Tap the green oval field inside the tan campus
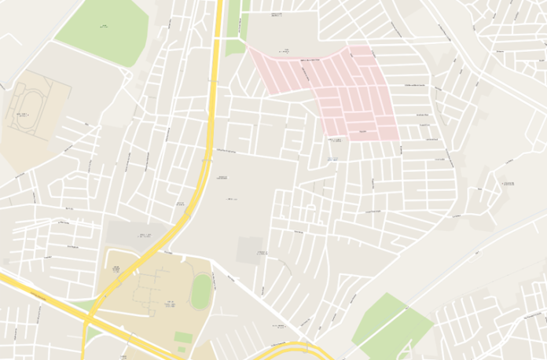pyautogui.click(x=201, y=292)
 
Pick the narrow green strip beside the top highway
pyautogui.click(x=234, y=31)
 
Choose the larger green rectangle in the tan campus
pyautogui.click(x=183, y=337)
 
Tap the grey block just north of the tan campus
pyautogui.click(x=134, y=235)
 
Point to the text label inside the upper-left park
pyautogui.click(x=105, y=27)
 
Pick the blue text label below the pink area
pyautogui.click(x=332, y=160)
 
